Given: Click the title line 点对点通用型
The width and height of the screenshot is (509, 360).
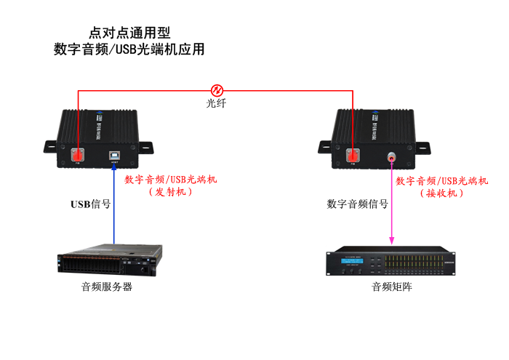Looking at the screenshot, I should (x=129, y=33).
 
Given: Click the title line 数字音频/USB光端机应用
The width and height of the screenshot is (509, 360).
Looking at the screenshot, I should (x=129, y=50).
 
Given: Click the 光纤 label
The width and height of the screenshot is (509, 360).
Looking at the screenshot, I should (x=217, y=104).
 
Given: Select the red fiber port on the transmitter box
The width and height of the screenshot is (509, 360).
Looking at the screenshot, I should (x=79, y=154).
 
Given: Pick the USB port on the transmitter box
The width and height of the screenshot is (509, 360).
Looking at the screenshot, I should (x=114, y=155).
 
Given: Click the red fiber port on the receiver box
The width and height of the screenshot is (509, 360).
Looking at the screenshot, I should (x=353, y=154).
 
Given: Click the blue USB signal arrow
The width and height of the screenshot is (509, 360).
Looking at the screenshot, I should (x=114, y=204).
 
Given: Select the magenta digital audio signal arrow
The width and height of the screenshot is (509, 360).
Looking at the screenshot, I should (x=393, y=204).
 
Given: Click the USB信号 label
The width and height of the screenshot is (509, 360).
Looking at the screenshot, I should (x=90, y=204).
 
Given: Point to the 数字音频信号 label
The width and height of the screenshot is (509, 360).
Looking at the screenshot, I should (x=357, y=204).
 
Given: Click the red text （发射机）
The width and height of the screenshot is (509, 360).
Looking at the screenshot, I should (x=170, y=193).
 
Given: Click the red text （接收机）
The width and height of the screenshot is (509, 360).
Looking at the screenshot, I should (x=441, y=193).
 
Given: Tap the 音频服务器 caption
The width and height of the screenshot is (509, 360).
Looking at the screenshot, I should (x=107, y=287).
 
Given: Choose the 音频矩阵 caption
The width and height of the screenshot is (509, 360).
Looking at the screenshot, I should (x=392, y=287).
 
